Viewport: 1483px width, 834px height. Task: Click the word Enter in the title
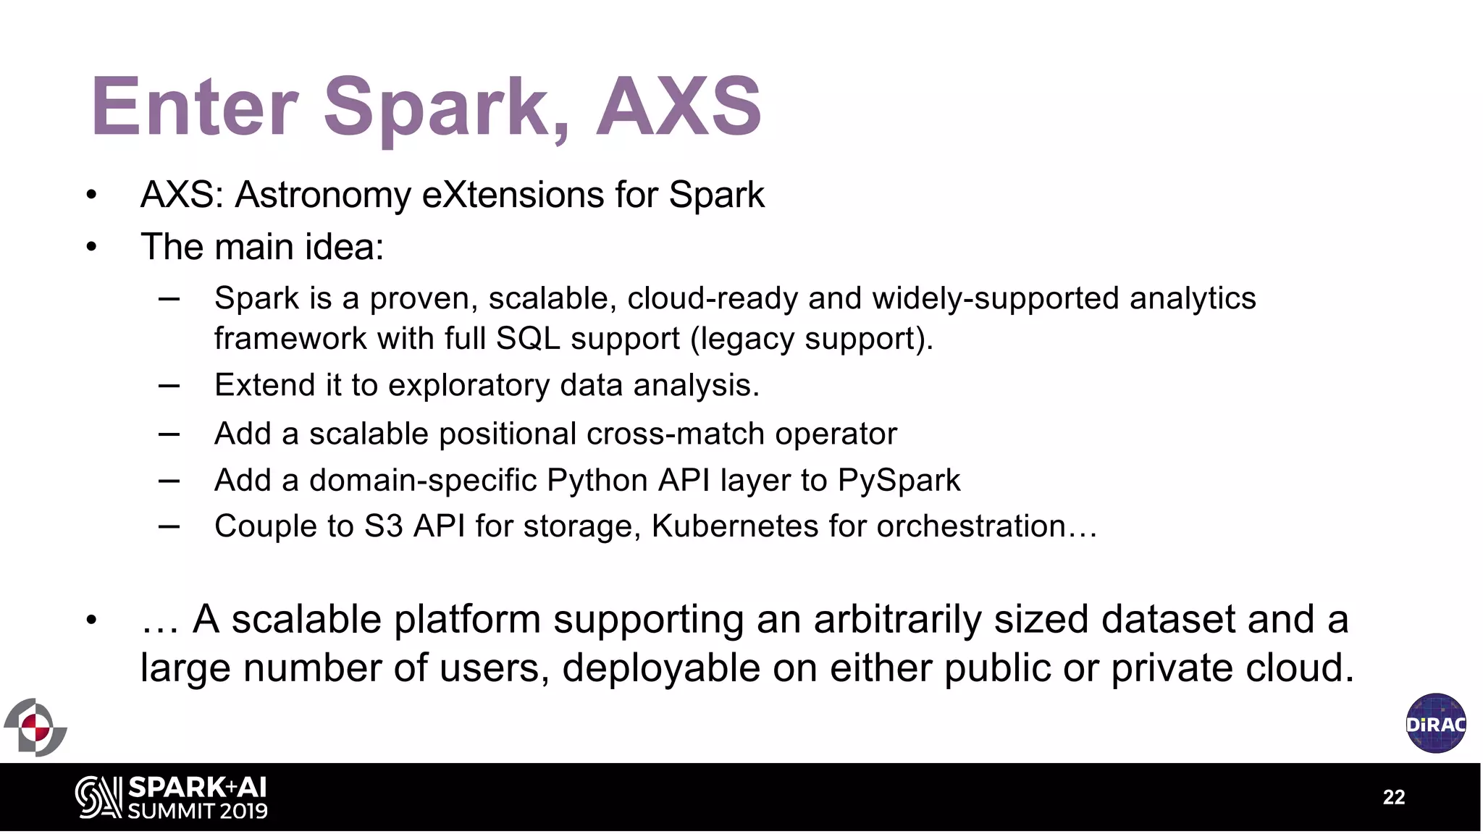[x=194, y=107]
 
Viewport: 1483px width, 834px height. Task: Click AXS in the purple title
[x=678, y=107]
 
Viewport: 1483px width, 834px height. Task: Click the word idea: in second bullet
[x=344, y=247]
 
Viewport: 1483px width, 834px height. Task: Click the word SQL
[x=528, y=339]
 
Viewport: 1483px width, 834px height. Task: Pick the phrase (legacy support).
[x=811, y=339]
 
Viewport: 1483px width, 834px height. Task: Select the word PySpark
[x=899, y=481]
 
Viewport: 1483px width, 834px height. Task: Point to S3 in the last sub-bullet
[x=383, y=526]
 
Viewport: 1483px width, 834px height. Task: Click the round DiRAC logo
[x=1435, y=723]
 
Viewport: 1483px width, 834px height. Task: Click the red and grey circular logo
[x=35, y=727]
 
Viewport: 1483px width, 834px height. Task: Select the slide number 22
[x=1393, y=797]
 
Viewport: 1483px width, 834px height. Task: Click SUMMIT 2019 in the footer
[x=198, y=811]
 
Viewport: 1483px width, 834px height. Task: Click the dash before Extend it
[x=169, y=386]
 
